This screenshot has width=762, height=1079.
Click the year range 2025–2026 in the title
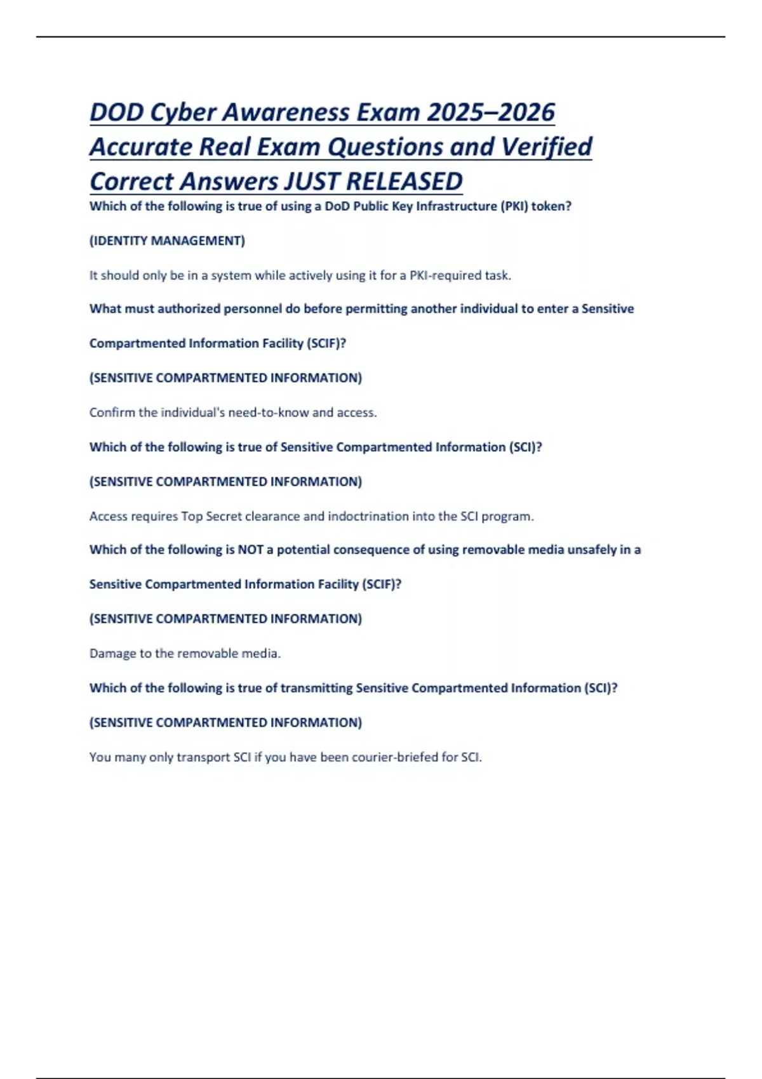click(491, 112)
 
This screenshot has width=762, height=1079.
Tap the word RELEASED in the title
click(404, 182)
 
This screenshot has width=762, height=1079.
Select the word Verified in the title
click(547, 147)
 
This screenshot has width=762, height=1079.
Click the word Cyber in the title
click(182, 112)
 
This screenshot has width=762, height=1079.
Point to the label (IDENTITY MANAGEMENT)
click(167, 241)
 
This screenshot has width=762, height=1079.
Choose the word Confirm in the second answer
click(112, 413)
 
